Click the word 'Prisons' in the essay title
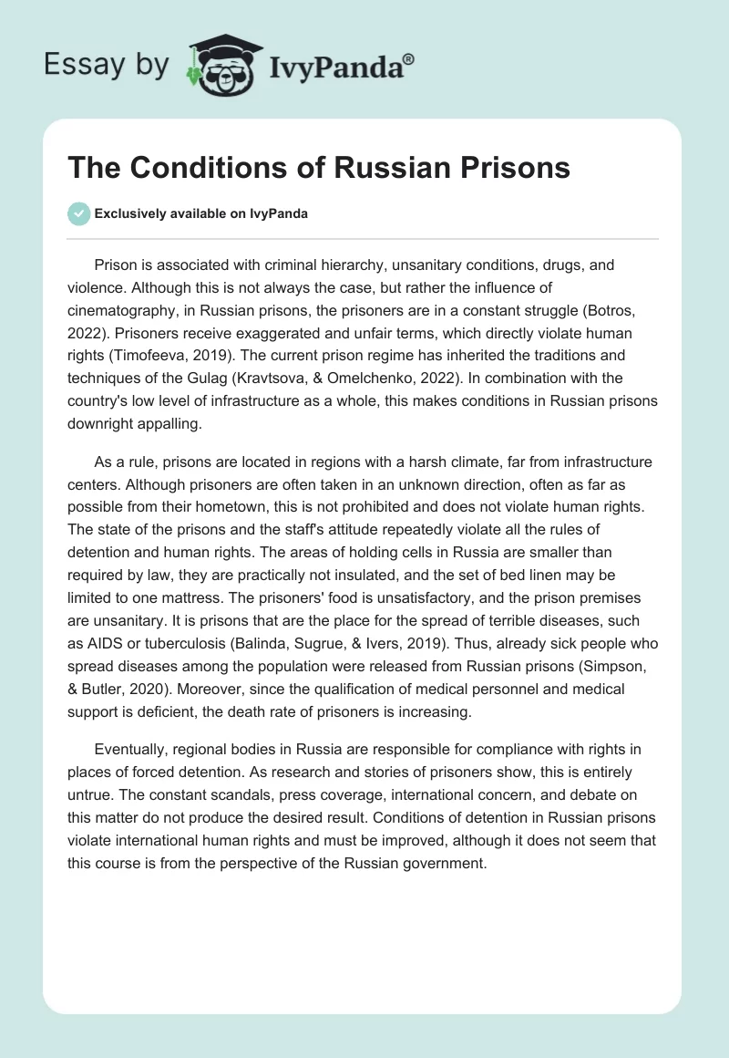pyautogui.click(x=515, y=168)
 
